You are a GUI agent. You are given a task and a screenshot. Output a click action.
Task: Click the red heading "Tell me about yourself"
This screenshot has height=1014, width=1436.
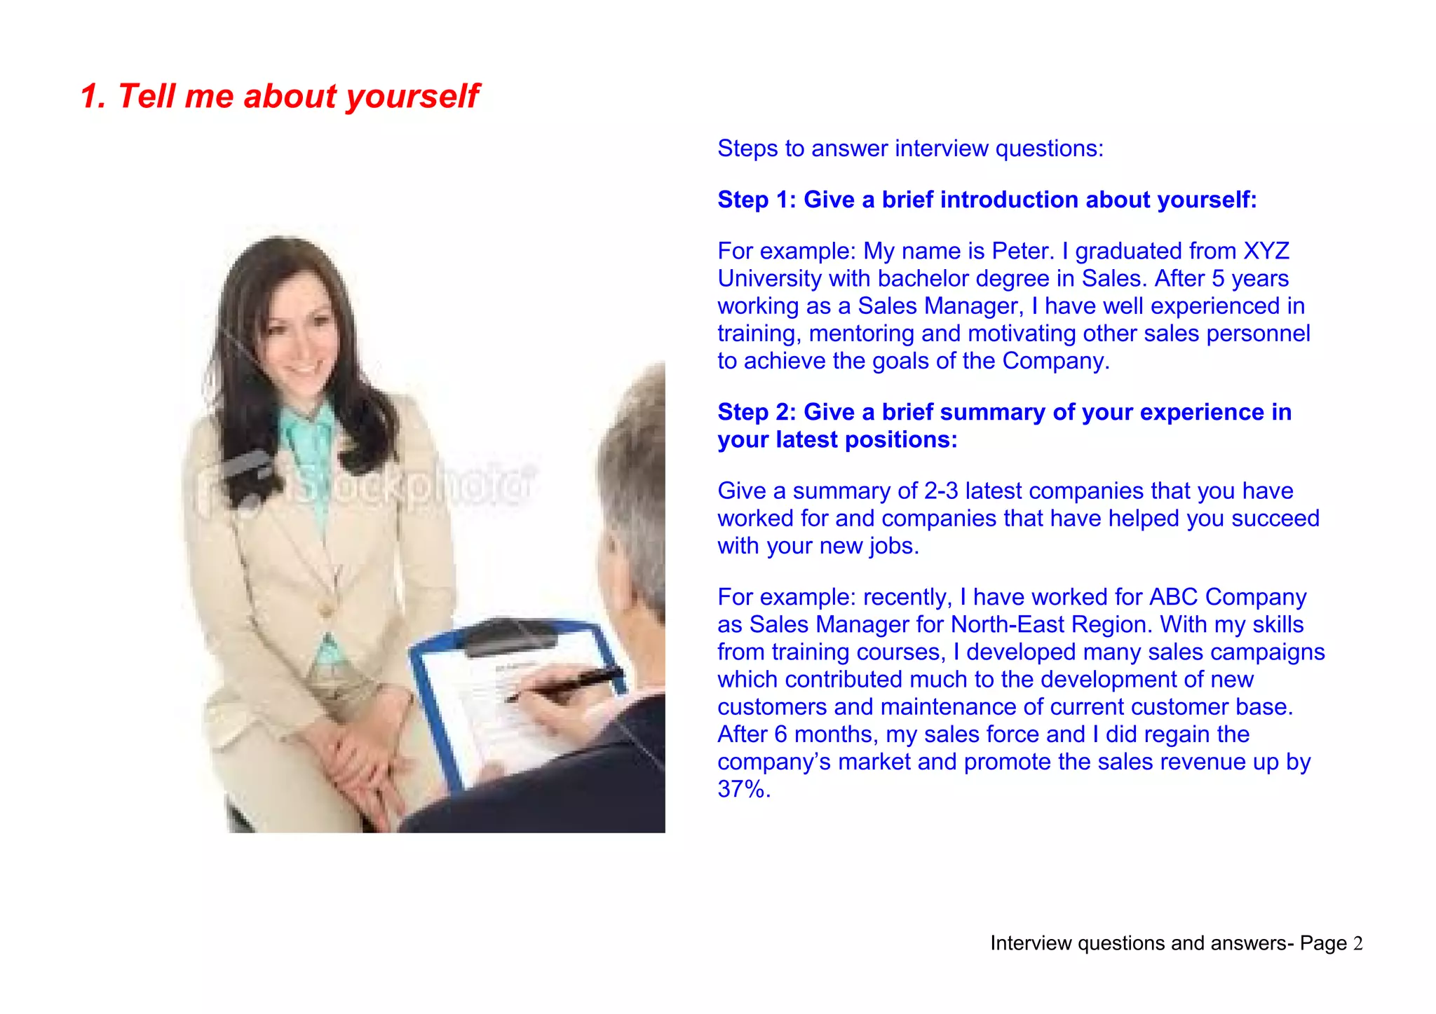(280, 96)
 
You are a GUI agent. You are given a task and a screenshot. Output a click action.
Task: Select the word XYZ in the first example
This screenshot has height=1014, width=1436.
(1266, 251)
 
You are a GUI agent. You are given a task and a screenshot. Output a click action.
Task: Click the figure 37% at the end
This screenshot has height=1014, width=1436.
(743, 789)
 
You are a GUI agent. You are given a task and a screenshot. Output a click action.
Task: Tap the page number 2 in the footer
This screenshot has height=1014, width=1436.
(1357, 943)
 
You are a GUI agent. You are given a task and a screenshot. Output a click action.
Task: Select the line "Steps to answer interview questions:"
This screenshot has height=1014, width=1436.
(910, 149)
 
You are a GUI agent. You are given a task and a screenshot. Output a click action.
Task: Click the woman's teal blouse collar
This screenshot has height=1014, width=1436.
(307, 423)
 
